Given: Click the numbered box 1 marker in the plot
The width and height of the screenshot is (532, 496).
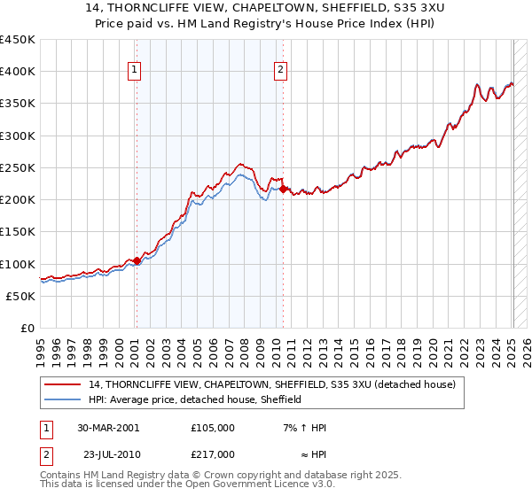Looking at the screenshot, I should coord(135,71).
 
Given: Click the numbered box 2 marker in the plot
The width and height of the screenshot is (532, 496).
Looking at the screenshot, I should coord(280,71).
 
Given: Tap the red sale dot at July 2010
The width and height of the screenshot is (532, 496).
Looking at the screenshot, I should coord(283,189).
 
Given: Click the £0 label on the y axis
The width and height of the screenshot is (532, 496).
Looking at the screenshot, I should coord(27,328).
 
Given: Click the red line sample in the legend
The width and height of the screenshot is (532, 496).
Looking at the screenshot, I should coord(63,384).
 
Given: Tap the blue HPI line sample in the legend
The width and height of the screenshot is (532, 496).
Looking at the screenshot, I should coord(63,399).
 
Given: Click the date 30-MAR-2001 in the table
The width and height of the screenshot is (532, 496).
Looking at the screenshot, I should coord(108,427).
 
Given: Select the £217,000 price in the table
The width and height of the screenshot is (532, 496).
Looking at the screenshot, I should coord(213,453).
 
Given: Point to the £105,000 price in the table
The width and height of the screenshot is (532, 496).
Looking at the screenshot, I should coord(213,427).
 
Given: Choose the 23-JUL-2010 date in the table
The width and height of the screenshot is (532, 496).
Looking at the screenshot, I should coord(108,453).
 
